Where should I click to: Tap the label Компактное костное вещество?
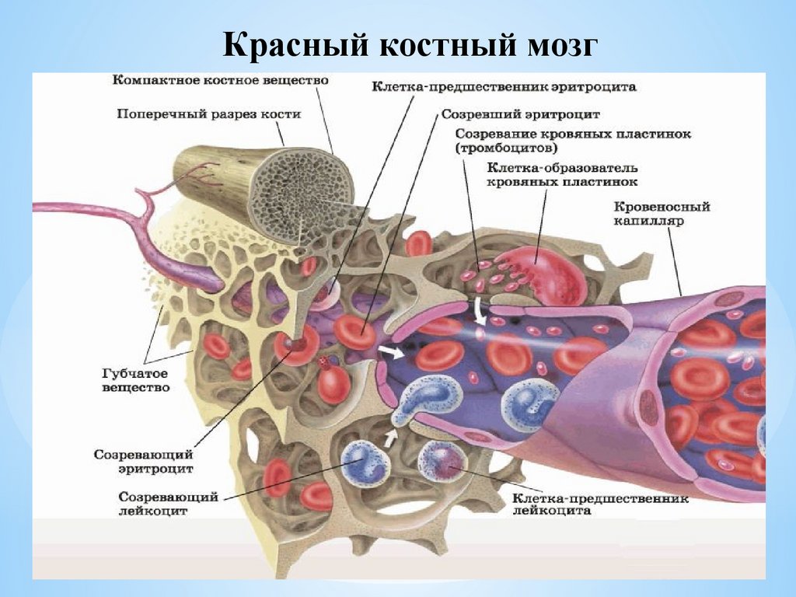(221, 81)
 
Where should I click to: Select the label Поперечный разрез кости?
(208, 114)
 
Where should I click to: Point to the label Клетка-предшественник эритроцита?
(503, 88)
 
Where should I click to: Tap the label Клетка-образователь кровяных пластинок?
(562, 175)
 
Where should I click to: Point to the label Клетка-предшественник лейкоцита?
(600, 504)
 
